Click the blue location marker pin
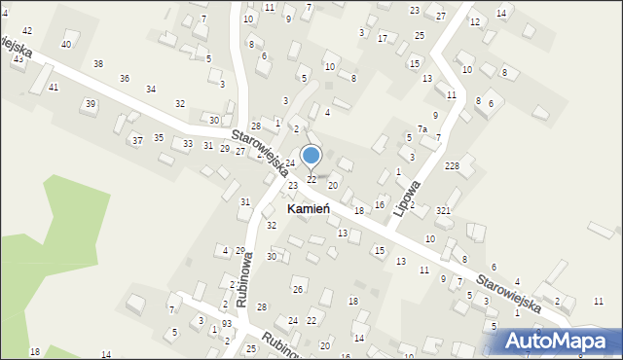[311, 157]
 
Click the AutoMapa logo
[563, 341]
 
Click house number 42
[27, 32]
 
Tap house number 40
[66, 45]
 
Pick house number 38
[98, 64]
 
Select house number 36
[125, 78]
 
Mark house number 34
[151, 90]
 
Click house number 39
[91, 104]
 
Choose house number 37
[137, 141]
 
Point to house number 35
[159, 138]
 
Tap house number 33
[188, 144]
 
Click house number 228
[452, 166]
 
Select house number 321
[443, 211]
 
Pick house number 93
[226, 323]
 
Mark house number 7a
[422, 129]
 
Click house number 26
[298, 290]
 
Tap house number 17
[383, 38]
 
